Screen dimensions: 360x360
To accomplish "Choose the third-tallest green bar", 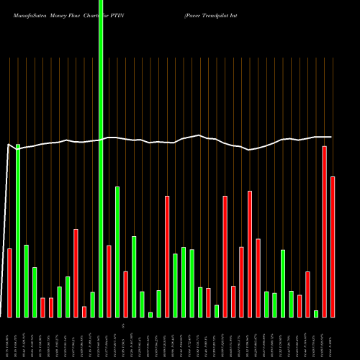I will coord(117,252).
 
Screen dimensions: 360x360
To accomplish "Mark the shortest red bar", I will coord(84,312).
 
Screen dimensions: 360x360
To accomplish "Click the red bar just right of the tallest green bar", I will coord(109,281).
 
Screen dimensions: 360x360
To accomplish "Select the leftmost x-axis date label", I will coord(9,338).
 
